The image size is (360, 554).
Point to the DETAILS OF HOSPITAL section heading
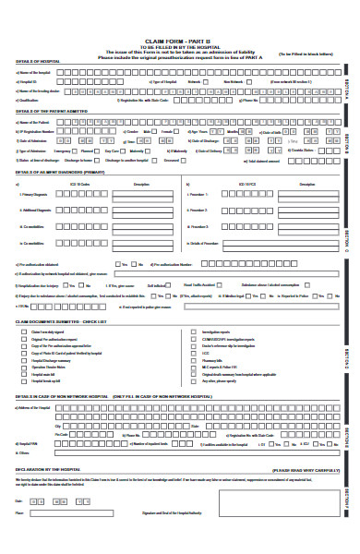[36, 62]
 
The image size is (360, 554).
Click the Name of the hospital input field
[185, 72]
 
